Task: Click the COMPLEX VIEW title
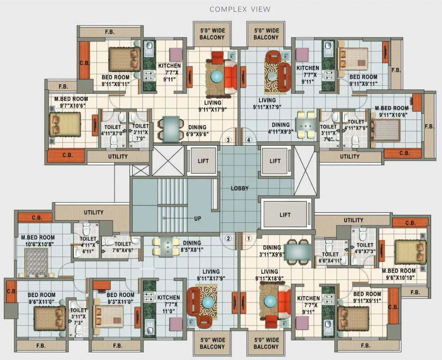[x=240, y=9]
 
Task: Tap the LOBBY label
[x=240, y=188]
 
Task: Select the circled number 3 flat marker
[x=228, y=140]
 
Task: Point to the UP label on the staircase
[x=198, y=219]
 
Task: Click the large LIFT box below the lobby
[x=285, y=214]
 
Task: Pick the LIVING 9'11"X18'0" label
[x=269, y=275]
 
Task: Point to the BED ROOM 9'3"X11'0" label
[x=120, y=298]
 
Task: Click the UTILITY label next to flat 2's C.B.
[x=93, y=213]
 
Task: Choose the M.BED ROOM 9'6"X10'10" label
[x=399, y=274]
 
